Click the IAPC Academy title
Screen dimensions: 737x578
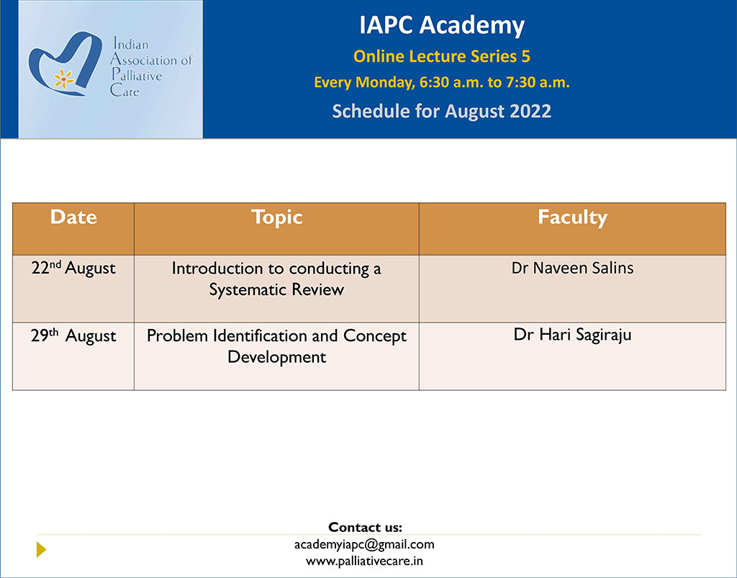point(442,26)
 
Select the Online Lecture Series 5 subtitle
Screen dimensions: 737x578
point(442,56)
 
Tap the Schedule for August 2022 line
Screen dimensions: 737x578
point(442,112)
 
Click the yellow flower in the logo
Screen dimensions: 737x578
point(63,79)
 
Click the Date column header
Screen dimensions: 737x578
point(74,217)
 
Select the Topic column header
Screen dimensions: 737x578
point(277,218)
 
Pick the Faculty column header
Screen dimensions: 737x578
point(572,218)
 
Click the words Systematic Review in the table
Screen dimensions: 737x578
point(276,290)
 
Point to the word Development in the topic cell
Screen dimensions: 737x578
point(277,357)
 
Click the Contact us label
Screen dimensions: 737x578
point(365,527)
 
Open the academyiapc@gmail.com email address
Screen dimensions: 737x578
point(364,545)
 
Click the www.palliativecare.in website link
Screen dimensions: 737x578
point(364,561)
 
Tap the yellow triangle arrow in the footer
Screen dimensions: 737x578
point(41,549)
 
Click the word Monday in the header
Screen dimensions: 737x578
point(385,83)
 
